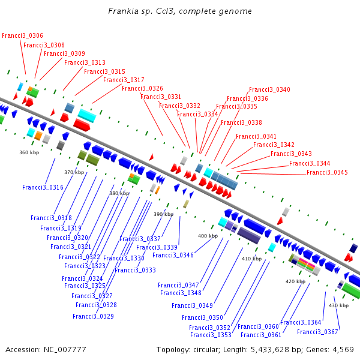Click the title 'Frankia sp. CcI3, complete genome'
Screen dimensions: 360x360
pyautogui.click(x=180, y=11)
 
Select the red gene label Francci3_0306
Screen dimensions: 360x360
pyautogui.click(x=22, y=36)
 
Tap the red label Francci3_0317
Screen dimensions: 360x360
pyautogui.click(x=124, y=80)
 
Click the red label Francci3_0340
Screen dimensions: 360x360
pyautogui.click(x=269, y=90)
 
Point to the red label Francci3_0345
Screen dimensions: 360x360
pyautogui.click(x=327, y=173)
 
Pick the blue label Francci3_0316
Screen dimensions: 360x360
pyautogui.click(x=43, y=188)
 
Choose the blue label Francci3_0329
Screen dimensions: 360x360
pyautogui.click(x=93, y=316)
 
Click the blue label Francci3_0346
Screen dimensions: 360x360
pyautogui.click(x=173, y=256)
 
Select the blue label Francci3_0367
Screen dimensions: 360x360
pyautogui.click(x=317, y=332)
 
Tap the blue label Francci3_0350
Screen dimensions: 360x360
pyautogui.click(x=202, y=318)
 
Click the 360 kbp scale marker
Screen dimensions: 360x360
pyautogui.click(x=29, y=153)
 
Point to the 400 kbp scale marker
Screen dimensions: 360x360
pyautogui.click(x=208, y=236)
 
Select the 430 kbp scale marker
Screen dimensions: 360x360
pyautogui.click(x=339, y=306)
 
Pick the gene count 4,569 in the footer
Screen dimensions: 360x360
pyautogui.click(x=342, y=350)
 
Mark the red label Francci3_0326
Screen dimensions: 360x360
pyautogui.click(x=142, y=89)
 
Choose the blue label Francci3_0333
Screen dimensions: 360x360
pyautogui.click(x=135, y=271)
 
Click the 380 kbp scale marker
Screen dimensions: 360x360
pyautogui.click(x=119, y=194)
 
